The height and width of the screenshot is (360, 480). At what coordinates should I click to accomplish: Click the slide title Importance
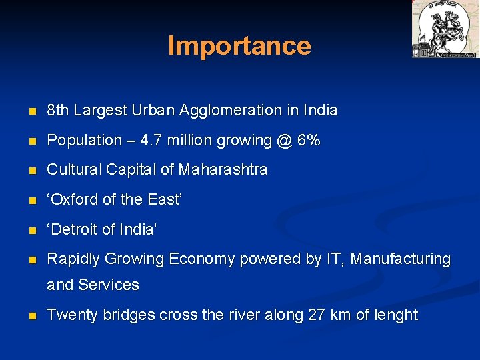[239, 45]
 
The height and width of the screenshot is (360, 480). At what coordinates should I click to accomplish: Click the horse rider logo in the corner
[445, 29]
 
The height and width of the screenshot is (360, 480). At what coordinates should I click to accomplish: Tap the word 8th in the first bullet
[58, 110]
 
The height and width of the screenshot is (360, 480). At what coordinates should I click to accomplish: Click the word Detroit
[77, 229]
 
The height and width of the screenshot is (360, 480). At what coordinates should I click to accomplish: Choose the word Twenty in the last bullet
[72, 315]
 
